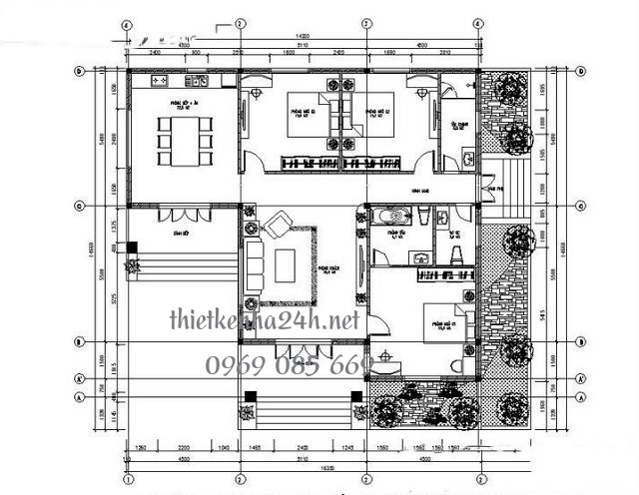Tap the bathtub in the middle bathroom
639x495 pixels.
tap(389, 215)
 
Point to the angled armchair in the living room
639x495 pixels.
tap(277, 221)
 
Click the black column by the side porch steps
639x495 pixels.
tap(131, 263)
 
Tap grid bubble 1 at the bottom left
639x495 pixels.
tap(128, 479)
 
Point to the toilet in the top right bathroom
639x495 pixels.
tap(467, 155)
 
